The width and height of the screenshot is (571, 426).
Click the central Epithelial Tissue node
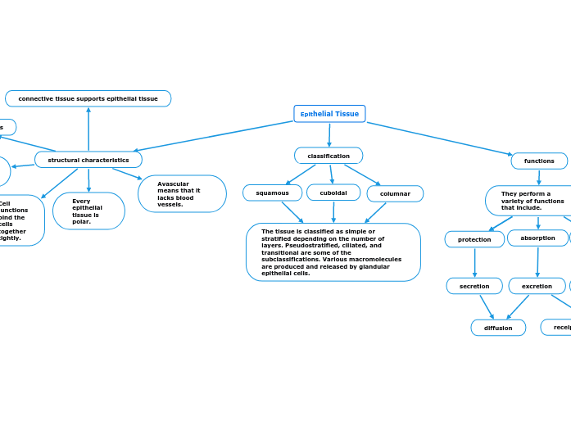pyautogui.click(x=329, y=114)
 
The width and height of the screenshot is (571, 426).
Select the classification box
pyautogui.click(x=329, y=156)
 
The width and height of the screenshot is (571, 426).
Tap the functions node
pyautogui.click(x=539, y=161)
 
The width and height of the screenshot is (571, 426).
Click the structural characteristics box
pyautogui.click(x=88, y=160)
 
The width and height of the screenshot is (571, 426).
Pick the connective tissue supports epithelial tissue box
pyautogui.click(x=88, y=98)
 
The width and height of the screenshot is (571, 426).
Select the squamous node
pyautogui.click(x=272, y=193)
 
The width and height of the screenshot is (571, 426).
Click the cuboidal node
pyautogui.click(x=333, y=193)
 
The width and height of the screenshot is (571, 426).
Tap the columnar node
pyautogui.click(x=395, y=193)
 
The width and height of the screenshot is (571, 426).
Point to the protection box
pyautogui.click(x=474, y=239)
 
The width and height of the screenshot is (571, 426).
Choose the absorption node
pyautogui.click(x=537, y=238)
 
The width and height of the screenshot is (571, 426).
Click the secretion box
pyautogui.click(x=474, y=286)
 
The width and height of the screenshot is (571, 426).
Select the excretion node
pyautogui.click(x=537, y=286)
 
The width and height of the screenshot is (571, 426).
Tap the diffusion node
pyautogui.click(x=498, y=328)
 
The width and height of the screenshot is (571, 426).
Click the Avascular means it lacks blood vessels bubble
pyautogui.click(x=182, y=194)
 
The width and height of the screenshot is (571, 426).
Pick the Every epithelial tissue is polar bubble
pyautogui.click(x=88, y=211)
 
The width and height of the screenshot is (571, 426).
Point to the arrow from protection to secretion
pyautogui.click(x=474, y=262)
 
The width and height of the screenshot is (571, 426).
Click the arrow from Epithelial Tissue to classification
pyautogui.click(x=329, y=135)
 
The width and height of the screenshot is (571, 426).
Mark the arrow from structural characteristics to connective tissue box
pyautogui.click(x=88, y=129)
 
